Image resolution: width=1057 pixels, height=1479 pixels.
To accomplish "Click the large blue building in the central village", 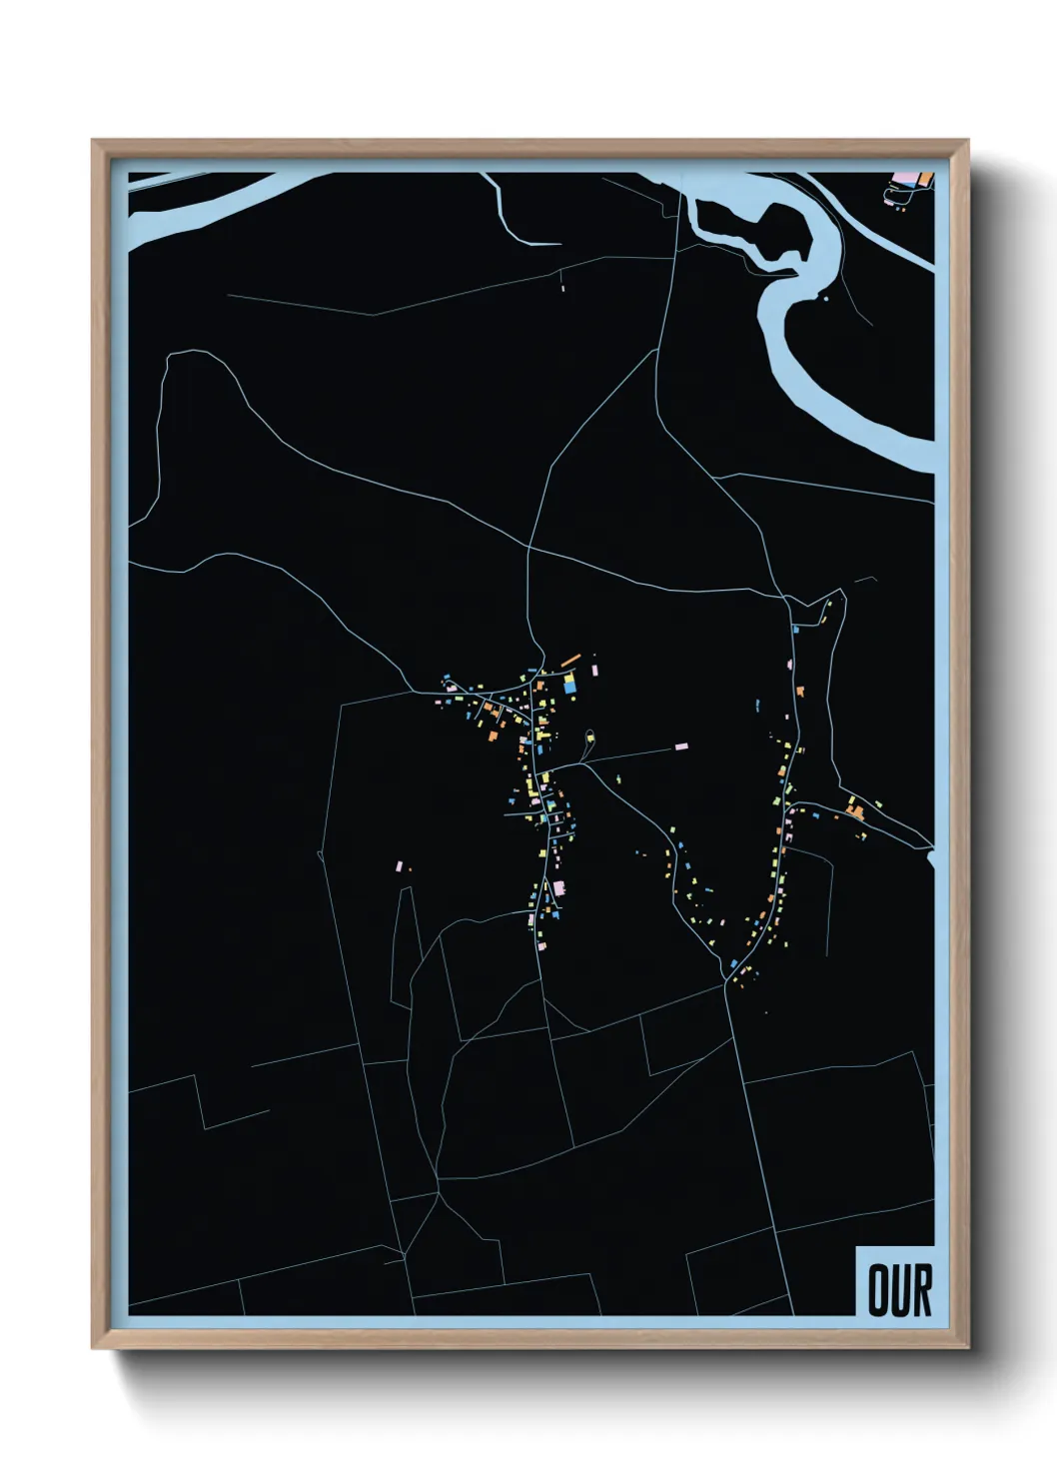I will [569, 685].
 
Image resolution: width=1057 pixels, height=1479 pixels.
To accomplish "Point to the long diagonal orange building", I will [570, 660].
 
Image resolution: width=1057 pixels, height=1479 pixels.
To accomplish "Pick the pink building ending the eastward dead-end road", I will [682, 745].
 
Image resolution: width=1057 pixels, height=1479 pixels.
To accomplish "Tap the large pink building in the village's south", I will [559, 886].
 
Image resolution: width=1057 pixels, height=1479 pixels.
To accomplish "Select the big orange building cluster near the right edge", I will [855, 808].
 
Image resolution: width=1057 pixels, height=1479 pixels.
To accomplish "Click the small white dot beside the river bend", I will [826, 297].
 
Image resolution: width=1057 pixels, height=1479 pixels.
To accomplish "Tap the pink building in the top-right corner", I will [908, 178].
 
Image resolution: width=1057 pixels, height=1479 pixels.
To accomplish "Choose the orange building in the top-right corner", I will [925, 179].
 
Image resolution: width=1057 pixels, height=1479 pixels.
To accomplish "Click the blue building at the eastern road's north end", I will [794, 630].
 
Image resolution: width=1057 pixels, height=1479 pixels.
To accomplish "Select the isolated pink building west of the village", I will [400, 864].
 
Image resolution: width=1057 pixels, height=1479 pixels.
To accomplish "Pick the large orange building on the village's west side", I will [493, 736].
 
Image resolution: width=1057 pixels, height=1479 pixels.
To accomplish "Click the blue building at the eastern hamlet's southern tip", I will [734, 963].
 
